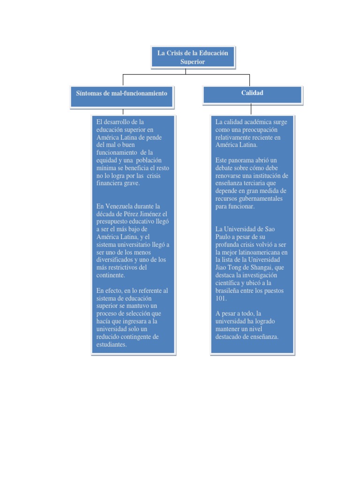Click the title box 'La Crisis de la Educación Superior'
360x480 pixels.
[x=193, y=57]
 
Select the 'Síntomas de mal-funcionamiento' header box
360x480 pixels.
[x=121, y=93]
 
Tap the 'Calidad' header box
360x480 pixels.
[x=252, y=93]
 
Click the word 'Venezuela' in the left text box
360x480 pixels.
[x=124, y=206]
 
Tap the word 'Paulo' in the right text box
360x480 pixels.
[x=224, y=237]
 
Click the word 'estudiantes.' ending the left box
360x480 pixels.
[x=111, y=345]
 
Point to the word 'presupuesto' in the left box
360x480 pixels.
[x=112, y=221]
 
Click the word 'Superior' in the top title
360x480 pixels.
[x=193, y=62]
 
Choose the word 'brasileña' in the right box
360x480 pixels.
[x=228, y=290]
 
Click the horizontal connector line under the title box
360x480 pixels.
[x=186, y=74]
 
